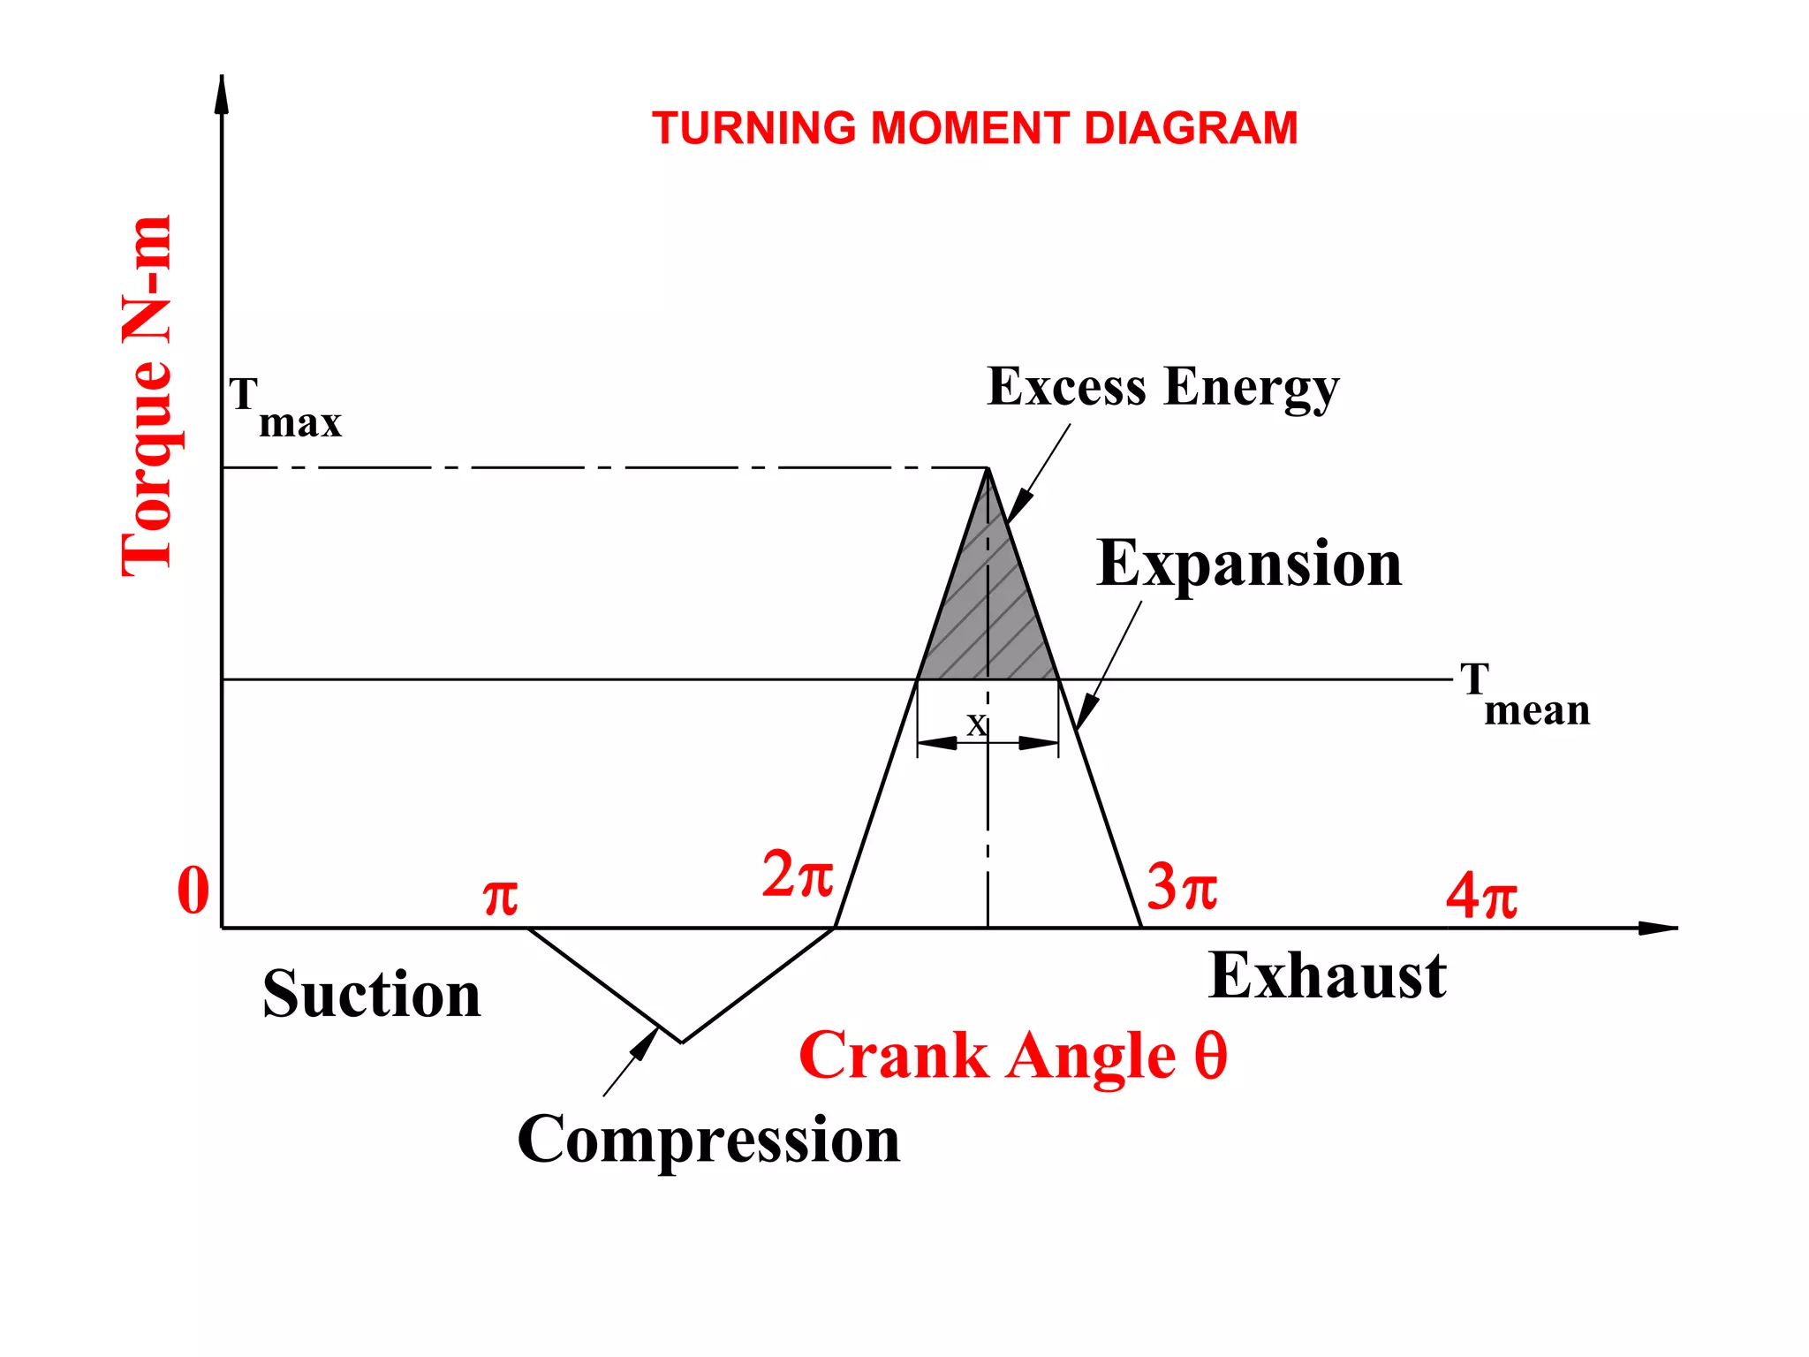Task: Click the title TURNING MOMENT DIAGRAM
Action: pyautogui.click(x=974, y=129)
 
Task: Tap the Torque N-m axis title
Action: pyautogui.click(x=148, y=396)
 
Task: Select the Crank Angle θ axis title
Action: pyautogui.click(x=1012, y=1056)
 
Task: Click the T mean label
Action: pyautogui.click(x=1523, y=695)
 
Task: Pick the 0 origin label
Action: pyautogui.click(x=193, y=891)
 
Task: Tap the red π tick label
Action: pyautogui.click(x=500, y=898)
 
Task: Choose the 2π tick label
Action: pyautogui.click(x=797, y=876)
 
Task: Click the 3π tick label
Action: pyautogui.click(x=1181, y=887)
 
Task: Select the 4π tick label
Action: pyautogui.click(x=1481, y=896)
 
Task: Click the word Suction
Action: pyautogui.click(x=371, y=995)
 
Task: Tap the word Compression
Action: pyautogui.click(x=708, y=1139)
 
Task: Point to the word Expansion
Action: pyautogui.click(x=1248, y=564)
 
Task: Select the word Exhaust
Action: pyautogui.click(x=1327, y=976)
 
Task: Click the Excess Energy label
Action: pyautogui.click(x=1162, y=387)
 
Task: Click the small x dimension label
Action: pyautogui.click(x=975, y=724)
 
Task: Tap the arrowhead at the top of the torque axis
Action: pyautogui.click(x=222, y=94)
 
